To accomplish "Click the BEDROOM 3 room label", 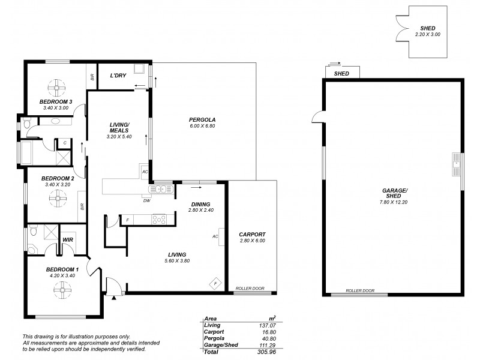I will [56, 102].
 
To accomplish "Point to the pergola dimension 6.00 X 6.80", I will [202, 126].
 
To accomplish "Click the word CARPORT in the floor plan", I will [252, 234].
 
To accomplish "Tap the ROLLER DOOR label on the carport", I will [249, 289].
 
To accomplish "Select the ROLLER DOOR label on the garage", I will [360, 291].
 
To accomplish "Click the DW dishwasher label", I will [146, 200].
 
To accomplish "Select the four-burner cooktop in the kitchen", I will [158, 219].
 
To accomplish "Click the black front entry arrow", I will [113, 296].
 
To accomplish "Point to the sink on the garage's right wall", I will [457, 163].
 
